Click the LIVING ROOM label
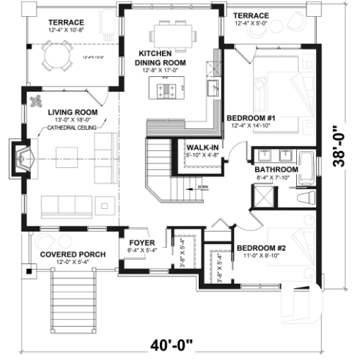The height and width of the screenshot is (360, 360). [69, 112]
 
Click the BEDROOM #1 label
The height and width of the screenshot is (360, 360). [250, 117]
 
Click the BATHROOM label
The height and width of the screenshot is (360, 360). [271, 168]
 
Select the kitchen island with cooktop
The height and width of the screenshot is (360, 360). [167, 90]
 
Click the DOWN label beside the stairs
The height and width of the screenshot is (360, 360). [202, 186]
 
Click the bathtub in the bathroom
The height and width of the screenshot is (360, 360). [306, 166]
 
